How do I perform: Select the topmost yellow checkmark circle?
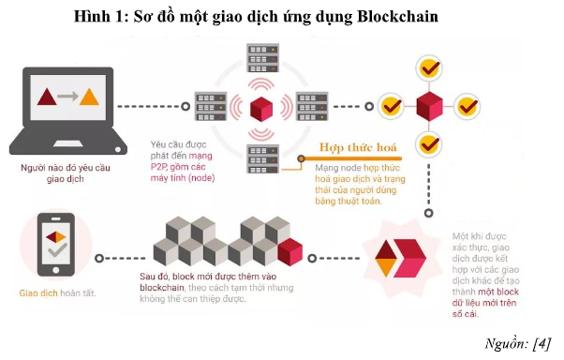click(x=430, y=68)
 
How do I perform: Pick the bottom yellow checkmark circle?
click(x=430, y=143)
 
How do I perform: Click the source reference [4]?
click(x=541, y=342)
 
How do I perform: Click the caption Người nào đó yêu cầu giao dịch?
click(x=64, y=172)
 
